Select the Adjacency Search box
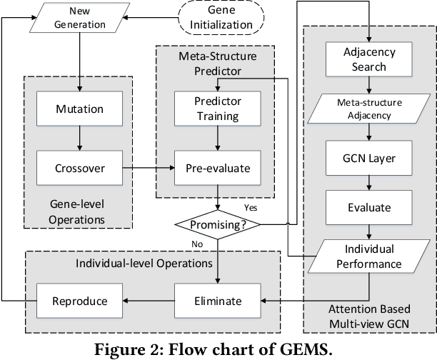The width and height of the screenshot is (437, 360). [x=369, y=60]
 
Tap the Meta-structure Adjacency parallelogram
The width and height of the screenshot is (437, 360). [x=369, y=108]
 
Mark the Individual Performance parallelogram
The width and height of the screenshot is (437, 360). [x=369, y=255]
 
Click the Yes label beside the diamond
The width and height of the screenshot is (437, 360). [x=251, y=208]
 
